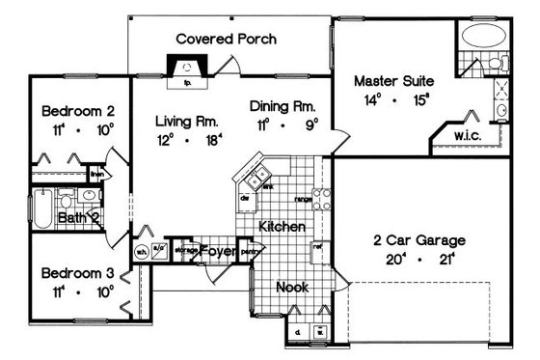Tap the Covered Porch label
227,40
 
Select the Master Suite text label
391,80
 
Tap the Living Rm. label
186,122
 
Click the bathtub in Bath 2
42,207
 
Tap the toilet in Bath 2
67,200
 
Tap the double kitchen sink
256,180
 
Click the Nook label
292,288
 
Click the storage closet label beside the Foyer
186,250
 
